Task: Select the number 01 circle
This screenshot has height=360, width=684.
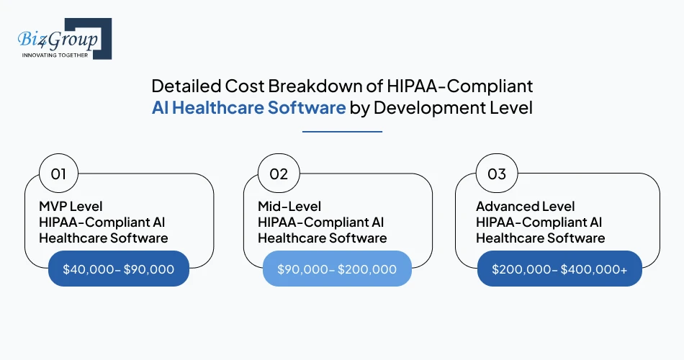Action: point(58,174)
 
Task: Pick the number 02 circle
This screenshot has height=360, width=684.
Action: point(278,174)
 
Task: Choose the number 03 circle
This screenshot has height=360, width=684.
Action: point(497,174)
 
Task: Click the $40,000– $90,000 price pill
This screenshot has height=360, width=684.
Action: point(118,269)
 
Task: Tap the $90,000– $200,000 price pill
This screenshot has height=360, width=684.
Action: point(337,269)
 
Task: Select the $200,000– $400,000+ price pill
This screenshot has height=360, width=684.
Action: point(559,269)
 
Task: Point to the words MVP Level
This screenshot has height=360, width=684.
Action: point(71,207)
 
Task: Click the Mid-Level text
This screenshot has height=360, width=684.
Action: point(289,207)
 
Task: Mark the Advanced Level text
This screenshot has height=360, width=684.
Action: point(525,207)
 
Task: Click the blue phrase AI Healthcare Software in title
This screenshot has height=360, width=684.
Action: point(248,109)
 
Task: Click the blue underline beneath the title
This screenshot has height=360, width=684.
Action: point(342,132)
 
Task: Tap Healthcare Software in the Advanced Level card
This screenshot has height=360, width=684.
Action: point(540,238)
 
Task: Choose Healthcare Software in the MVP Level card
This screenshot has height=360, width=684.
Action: point(103,238)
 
